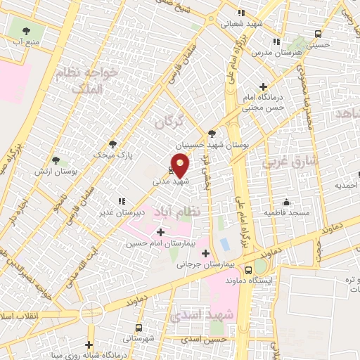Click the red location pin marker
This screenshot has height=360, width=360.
pos(181,167)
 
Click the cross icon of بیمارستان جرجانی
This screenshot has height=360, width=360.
pos(205,254)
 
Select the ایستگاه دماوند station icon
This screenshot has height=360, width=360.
pos(247,269)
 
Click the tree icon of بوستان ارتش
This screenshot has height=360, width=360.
pos(56,161)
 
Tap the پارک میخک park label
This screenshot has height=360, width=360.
pos(112,153)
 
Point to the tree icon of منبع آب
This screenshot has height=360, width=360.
pos(27,31)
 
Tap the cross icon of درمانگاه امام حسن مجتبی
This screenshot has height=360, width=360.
pos(262,86)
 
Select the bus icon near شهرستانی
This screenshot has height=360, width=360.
pos(139,328)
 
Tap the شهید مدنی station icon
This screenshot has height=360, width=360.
pos(172,169)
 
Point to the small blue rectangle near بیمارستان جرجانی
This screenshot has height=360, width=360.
pos(224,244)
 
